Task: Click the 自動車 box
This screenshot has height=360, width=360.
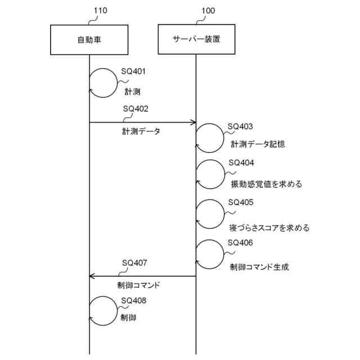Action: point(89,39)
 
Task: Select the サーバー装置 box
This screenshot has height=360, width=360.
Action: point(196,39)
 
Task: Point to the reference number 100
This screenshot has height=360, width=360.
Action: point(206,11)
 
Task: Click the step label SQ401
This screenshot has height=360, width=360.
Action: point(134,72)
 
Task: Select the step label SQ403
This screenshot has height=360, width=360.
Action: point(240,127)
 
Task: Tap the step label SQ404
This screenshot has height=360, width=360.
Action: point(241,163)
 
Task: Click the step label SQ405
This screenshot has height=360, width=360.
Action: point(241,202)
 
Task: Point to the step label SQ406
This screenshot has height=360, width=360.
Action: point(241,242)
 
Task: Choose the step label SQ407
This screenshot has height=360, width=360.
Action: point(135,263)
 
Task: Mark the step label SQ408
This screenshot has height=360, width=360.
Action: point(134,300)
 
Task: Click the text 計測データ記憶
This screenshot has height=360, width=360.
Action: point(258,144)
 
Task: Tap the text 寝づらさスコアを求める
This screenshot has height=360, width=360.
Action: point(269,228)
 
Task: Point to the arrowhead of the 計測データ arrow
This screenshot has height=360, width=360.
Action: point(192,122)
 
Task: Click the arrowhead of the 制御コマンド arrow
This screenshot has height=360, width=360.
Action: point(93,276)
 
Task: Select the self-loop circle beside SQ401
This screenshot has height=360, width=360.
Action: point(102,82)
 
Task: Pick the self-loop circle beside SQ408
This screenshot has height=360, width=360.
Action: point(102,311)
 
